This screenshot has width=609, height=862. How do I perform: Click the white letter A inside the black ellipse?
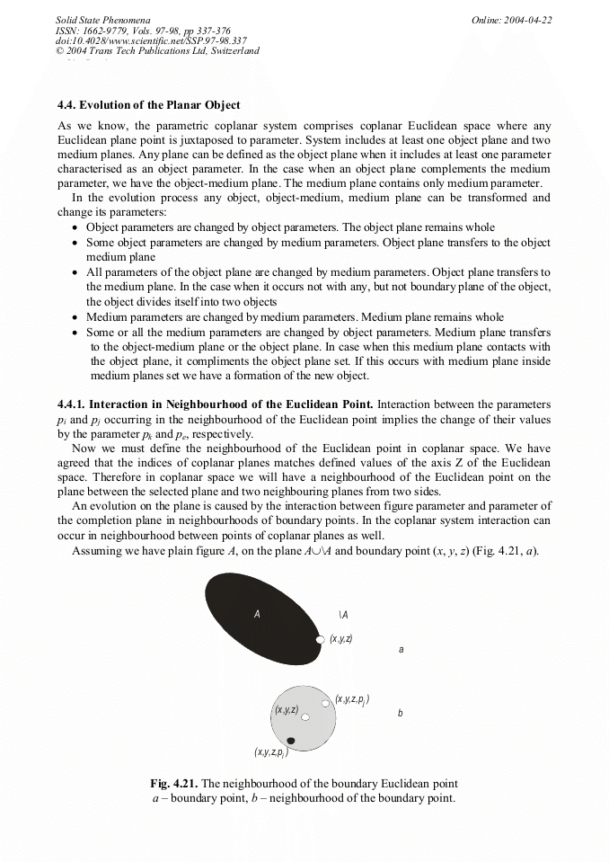[257, 614]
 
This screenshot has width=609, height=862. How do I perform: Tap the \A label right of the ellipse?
[344, 615]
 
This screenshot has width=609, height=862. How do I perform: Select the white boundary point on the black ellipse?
[320, 639]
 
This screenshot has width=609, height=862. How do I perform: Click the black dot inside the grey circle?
[290, 741]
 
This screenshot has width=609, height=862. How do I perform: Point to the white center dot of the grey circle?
[305, 717]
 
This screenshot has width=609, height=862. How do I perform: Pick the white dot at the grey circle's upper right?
[325, 703]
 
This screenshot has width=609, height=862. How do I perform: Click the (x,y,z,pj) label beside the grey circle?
[352, 699]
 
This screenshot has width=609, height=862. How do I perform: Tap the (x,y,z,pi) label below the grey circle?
[270, 752]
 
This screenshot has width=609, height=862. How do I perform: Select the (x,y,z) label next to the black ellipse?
[341, 638]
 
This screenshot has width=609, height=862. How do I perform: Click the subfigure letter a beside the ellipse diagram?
[401, 649]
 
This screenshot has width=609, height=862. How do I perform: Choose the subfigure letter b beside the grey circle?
[400, 714]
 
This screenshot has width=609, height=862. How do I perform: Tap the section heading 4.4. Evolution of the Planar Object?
[148, 105]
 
